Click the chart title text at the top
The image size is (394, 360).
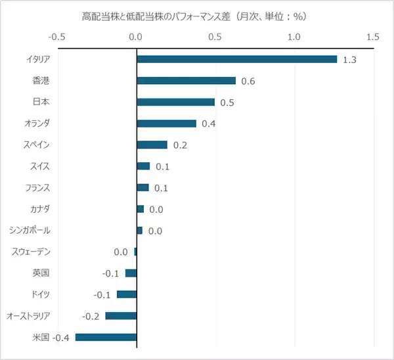[x=197, y=14]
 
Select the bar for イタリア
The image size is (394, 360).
[x=236, y=59]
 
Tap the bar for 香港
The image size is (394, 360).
[x=186, y=81]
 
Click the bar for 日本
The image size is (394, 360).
[x=175, y=102]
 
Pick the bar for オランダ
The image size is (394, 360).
[x=166, y=124]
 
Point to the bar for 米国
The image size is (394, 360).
[x=106, y=337]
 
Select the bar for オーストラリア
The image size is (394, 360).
[x=121, y=316]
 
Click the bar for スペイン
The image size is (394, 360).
[x=152, y=145]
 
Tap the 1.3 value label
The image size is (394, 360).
[x=349, y=60]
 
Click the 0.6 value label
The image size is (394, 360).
[x=248, y=81]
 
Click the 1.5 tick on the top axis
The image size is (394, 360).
[x=373, y=36]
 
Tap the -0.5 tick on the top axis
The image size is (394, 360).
[x=58, y=36]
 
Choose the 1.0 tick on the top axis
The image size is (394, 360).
[x=294, y=36]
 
